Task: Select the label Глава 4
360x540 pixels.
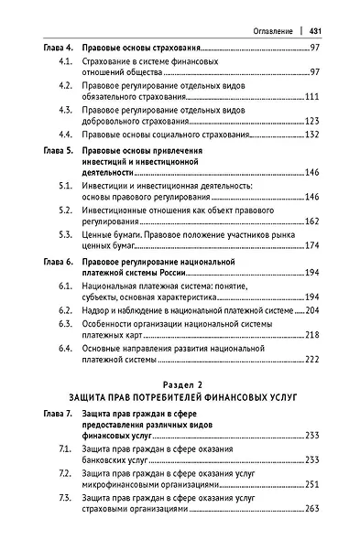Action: click(60, 47)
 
